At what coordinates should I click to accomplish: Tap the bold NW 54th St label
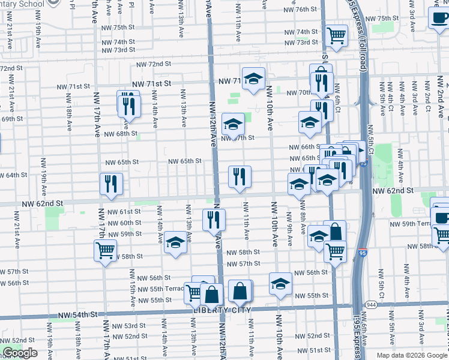[78, 314]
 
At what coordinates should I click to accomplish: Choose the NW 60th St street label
[125, 223]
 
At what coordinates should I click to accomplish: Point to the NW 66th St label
[303, 147]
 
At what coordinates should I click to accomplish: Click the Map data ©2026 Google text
[412, 355]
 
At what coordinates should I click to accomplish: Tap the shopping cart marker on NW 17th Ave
[105, 250]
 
